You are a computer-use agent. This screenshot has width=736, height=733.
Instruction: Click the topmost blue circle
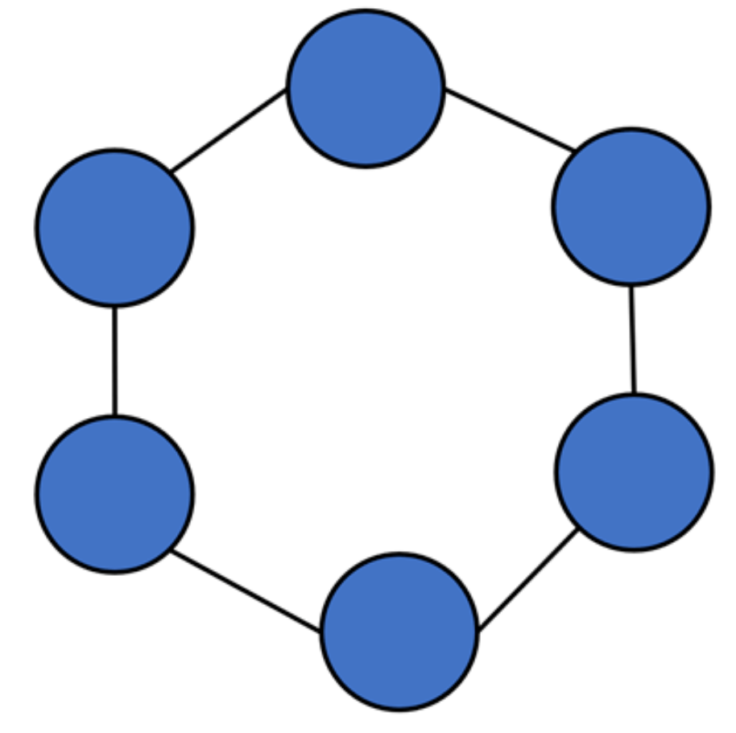point(366,89)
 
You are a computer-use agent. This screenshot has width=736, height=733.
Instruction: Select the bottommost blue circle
point(399,632)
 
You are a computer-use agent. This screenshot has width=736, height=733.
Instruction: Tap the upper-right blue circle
point(631,206)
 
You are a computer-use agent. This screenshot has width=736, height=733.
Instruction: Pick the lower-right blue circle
point(634,472)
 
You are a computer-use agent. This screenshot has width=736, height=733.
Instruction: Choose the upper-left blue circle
point(114,228)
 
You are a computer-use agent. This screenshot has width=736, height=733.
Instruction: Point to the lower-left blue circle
point(114,494)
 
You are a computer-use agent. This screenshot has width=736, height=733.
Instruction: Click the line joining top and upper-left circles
point(229,130)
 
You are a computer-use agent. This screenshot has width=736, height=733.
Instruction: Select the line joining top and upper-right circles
point(509,120)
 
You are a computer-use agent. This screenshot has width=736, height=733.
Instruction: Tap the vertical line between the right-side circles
point(633,339)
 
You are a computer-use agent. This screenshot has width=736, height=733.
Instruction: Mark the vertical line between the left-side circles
point(114,361)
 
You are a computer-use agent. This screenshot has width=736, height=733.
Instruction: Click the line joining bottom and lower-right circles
point(527,579)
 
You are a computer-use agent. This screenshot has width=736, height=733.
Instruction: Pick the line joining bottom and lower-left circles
point(246,590)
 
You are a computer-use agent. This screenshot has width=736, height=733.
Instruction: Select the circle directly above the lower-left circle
point(114,228)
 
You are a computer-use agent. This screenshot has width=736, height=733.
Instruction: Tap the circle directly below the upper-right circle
point(634,472)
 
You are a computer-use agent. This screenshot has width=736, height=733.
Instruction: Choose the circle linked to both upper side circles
point(366,89)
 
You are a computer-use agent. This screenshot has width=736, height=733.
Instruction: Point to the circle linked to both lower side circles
point(399,632)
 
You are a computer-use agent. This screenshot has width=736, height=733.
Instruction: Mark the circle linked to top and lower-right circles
point(631,206)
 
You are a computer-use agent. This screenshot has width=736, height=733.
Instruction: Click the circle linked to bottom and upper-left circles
point(114,494)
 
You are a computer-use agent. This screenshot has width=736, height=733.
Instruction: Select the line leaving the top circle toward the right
point(509,120)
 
